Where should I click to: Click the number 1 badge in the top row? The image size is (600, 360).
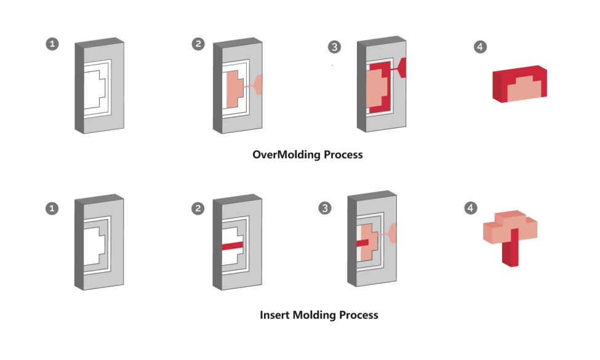pos(52,45)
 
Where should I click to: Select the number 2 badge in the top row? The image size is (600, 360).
pos(198,44)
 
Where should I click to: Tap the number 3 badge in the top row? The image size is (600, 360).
pos(334,47)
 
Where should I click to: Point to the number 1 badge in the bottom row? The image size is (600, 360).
pos(52,209)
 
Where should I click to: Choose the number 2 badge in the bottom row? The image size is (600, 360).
pos(198,209)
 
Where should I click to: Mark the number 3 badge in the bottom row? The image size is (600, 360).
pos(324,209)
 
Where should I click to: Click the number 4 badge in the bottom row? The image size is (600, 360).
pos(470,209)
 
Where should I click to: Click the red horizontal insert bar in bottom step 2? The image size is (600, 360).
pos(232,245)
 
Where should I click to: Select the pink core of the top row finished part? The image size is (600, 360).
pos(522,90)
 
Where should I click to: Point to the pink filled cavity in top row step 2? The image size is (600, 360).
pos(234,89)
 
